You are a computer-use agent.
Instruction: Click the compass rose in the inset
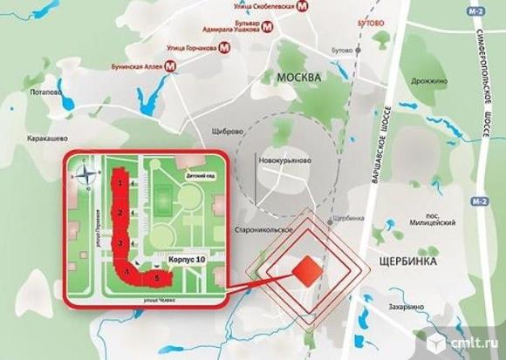coord(85,175)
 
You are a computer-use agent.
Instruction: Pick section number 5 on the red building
coord(157,278)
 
